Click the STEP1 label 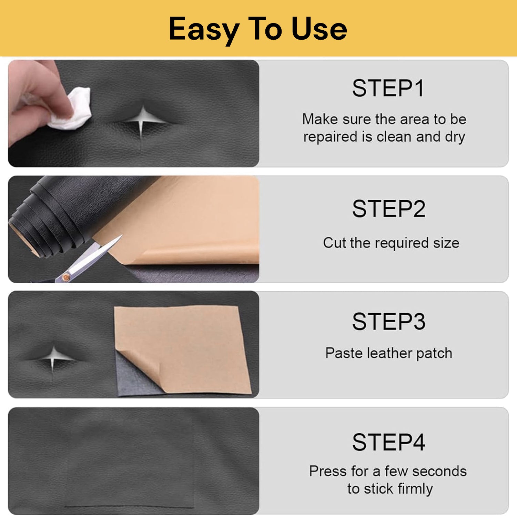click(x=388, y=88)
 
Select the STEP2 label click(x=389, y=209)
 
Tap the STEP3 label click(x=389, y=322)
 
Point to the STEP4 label click(x=389, y=442)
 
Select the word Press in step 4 click(x=328, y=471)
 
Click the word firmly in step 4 click(x=415, y=489)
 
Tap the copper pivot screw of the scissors click(x=65, y=277)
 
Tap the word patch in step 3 click(x=434, y=353)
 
